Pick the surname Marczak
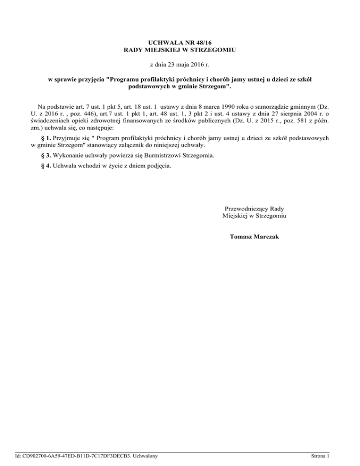click(266, 237)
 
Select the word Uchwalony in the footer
click(145, 455)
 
